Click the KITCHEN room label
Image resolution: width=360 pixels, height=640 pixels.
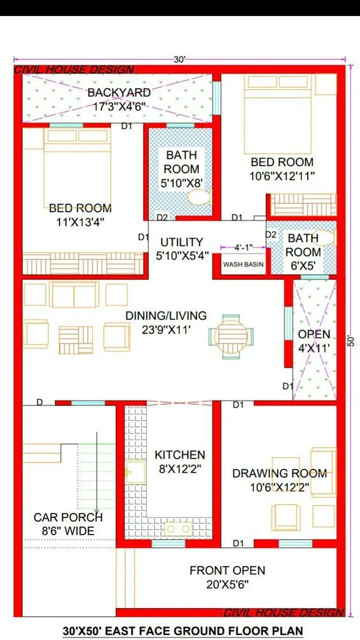(180, 455)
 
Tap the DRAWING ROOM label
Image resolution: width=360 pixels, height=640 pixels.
(280, 473)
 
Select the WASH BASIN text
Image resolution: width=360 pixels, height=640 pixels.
(243, 264)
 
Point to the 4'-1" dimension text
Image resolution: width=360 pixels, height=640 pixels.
(244, 247)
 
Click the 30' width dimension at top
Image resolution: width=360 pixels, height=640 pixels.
(180, 59)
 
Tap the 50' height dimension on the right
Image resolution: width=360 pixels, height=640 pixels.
(351, 341)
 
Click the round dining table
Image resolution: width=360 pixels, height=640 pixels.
(231, 337)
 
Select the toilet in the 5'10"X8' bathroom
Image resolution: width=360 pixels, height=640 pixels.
(199, 197)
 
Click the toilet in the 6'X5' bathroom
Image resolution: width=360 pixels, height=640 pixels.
(324, 238)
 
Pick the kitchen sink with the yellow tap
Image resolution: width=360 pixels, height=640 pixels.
(135, 473)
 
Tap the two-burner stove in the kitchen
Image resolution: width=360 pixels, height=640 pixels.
(178, 529)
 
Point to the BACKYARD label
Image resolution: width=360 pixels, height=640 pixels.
(119, 93)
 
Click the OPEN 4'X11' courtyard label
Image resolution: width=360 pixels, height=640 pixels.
(314, 341)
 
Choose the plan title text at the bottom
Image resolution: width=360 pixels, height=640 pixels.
(183, 630)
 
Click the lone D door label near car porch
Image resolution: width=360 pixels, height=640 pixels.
(40, 402)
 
